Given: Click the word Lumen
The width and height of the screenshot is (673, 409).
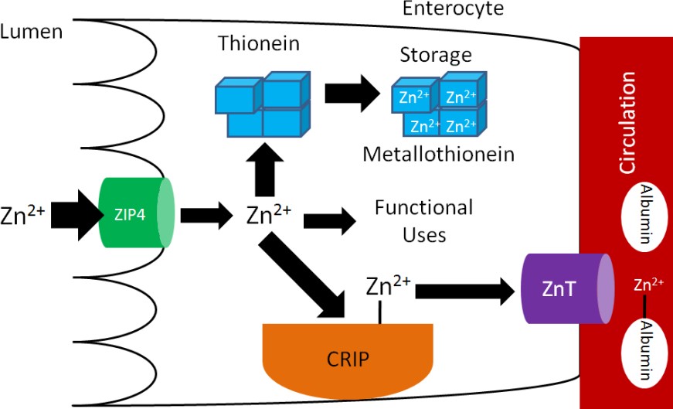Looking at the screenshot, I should tap(31, 32).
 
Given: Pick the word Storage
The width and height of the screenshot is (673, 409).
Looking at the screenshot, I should tap(435, 55).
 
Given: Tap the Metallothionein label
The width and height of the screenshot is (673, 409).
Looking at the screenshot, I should tap(438, 153).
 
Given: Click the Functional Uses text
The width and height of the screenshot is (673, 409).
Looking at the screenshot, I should tap(423, 220).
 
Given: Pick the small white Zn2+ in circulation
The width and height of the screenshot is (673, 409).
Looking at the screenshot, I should tap(647, 285).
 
